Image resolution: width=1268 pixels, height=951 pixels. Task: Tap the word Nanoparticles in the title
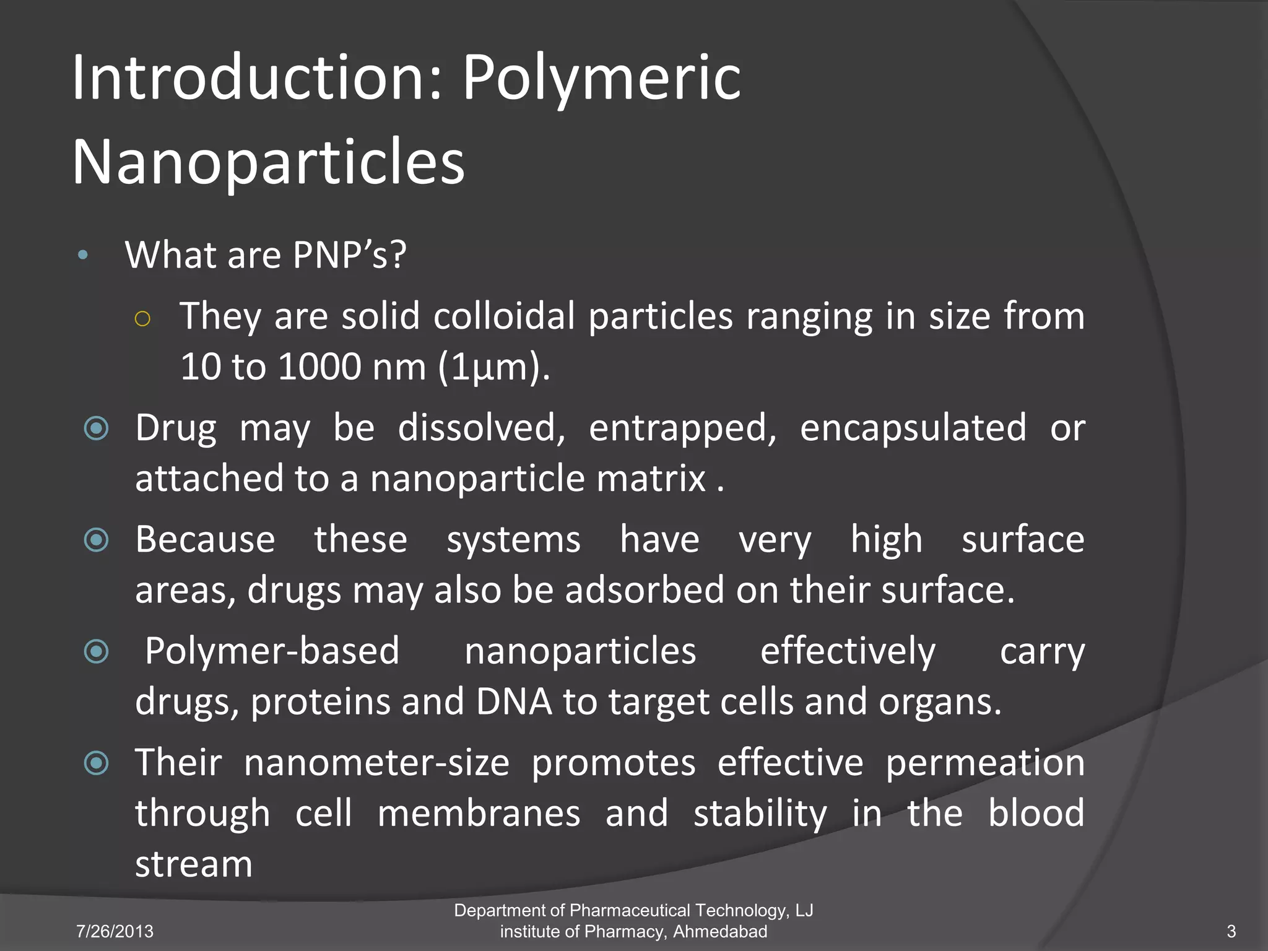[x=268, y=162]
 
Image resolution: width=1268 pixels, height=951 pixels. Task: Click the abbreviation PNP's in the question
[x=349, y=254]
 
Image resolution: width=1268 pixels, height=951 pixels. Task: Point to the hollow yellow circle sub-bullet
[x=142, y=319]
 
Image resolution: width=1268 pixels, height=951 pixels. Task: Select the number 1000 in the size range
[x=319, y=367]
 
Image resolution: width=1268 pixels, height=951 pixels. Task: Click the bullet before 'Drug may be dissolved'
[x=97, y=428]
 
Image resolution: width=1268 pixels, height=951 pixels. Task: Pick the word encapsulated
[x=913, y=428]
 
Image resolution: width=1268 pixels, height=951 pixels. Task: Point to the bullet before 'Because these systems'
[x=97, y=540]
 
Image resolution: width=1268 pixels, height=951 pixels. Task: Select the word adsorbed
[x=644, y=589]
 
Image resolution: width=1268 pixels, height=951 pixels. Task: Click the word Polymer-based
[x=272, y=652]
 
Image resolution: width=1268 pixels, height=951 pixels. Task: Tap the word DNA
[x=514, y=702]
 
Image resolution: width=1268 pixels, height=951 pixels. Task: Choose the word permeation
[x=984, y=763]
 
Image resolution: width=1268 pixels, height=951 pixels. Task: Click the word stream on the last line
[x=194, y=864]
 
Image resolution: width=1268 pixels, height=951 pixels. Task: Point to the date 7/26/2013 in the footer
[x=115, y=931]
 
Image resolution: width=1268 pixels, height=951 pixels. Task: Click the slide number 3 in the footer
[x=1231, y=931]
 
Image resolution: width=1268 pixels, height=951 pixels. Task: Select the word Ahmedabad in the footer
[x=720, y=931]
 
